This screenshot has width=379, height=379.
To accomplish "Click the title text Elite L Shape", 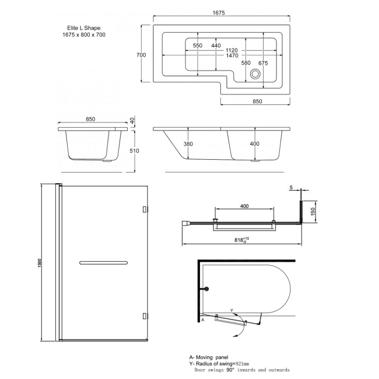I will point(82,27).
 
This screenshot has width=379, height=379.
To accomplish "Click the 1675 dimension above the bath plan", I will point(218,13).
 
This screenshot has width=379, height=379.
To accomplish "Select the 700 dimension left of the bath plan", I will point(141,55).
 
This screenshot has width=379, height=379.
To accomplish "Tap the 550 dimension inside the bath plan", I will point(198,45).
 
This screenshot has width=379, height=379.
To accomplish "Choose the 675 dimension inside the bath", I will point(262,62).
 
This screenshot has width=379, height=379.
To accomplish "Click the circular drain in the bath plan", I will point(255,74).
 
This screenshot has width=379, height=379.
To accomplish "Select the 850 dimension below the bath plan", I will point(257,101).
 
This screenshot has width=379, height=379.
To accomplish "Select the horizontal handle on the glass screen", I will point(103,262).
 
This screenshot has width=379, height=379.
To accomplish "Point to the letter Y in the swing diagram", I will point(231,310).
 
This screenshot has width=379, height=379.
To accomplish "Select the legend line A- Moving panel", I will point(209,356).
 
